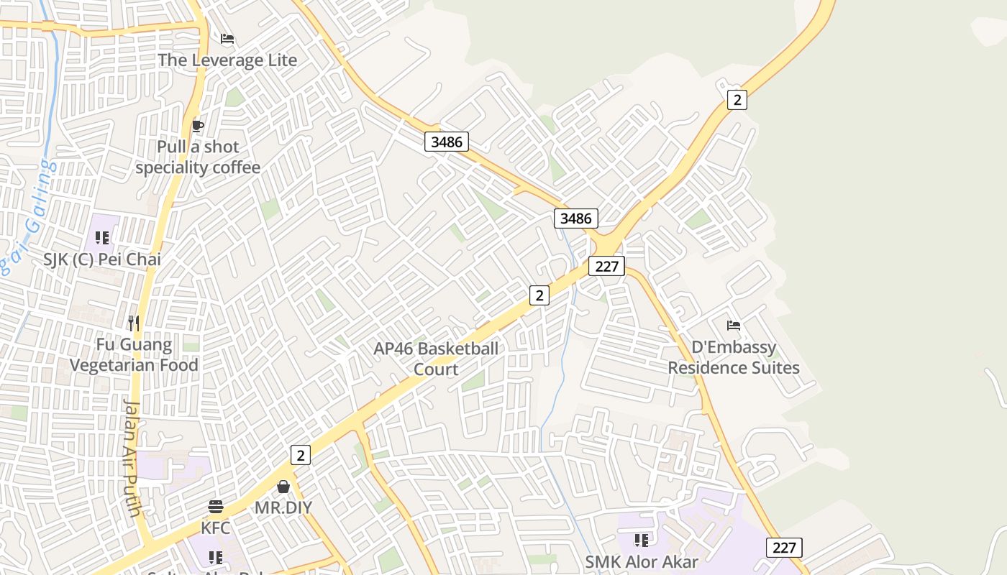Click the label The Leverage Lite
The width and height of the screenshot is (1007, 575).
227,60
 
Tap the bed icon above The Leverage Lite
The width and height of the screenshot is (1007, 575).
227,39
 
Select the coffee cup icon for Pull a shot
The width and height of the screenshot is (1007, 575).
198,126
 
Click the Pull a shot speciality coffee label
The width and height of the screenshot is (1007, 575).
198,157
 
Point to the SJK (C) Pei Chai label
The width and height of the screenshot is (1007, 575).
102,259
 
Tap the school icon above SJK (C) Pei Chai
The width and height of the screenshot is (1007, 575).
102,237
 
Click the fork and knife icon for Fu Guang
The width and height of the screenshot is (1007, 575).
133,323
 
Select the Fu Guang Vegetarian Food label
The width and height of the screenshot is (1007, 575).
134,355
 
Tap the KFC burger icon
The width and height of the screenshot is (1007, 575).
216,507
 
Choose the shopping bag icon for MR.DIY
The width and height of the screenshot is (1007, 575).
283,487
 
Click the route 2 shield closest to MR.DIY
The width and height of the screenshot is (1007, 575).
301,454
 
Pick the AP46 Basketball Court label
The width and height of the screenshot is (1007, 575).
436,359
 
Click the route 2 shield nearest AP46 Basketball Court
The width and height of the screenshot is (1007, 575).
539,295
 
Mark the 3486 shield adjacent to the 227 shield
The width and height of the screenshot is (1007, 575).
576,218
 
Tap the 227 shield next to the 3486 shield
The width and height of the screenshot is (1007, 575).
607,266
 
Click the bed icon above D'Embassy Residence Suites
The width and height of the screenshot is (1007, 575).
734,326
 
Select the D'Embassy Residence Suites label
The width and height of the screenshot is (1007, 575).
734,357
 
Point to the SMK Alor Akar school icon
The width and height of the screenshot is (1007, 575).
642,540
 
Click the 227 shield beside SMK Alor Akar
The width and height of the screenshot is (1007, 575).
784,548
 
